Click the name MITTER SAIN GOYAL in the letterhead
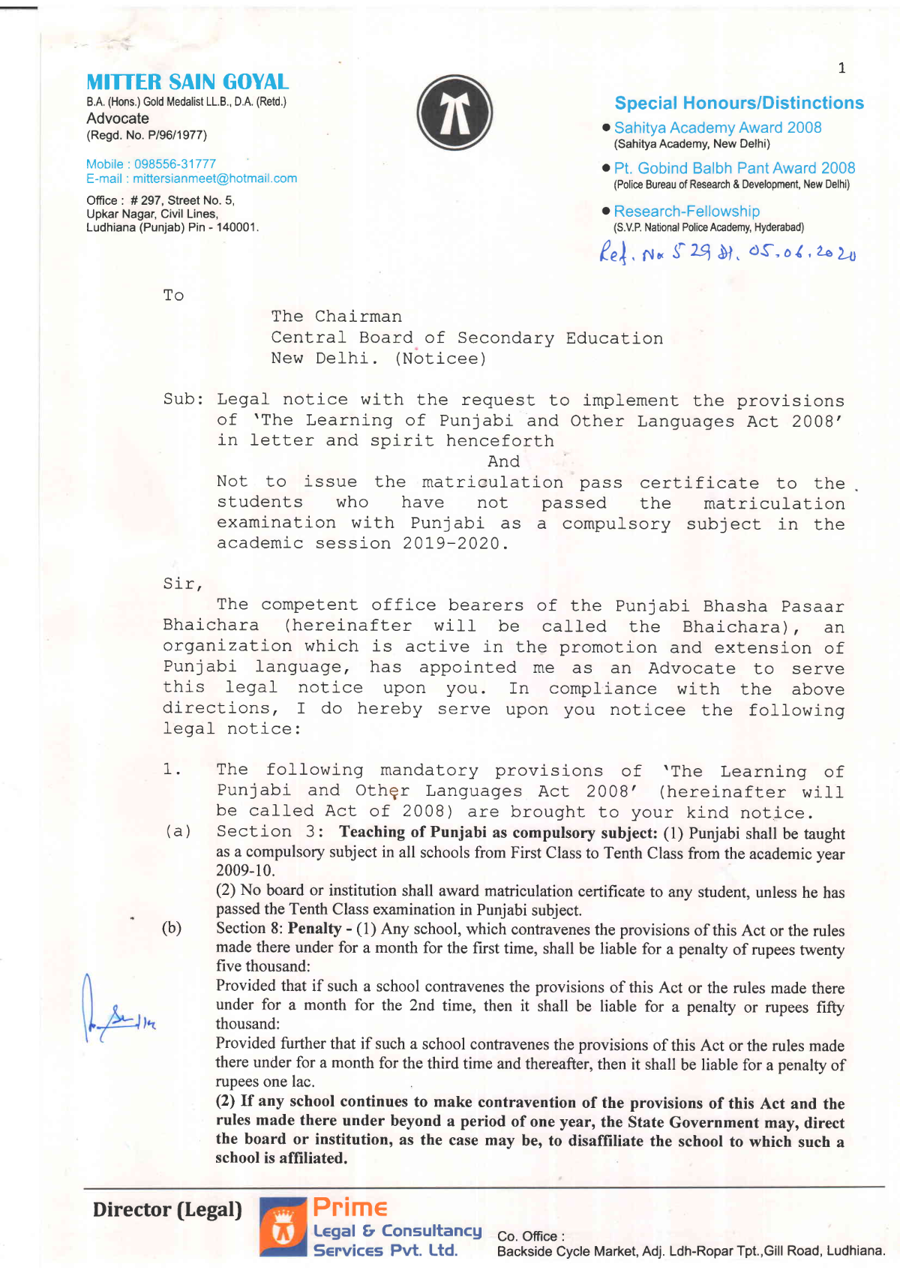187,82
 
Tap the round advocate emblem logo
454,113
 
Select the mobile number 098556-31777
175,164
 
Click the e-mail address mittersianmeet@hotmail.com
214,179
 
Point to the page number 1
841,68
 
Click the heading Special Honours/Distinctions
739,103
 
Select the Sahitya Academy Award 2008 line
717,128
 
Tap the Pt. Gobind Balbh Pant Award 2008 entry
734,169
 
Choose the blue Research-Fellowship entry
686,212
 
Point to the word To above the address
173,296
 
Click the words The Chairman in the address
336,317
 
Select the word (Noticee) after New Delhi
440,359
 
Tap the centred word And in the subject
503,461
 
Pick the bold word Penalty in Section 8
314,929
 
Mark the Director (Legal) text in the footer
167,1209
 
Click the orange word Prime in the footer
349,1207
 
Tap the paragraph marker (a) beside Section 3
178,831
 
